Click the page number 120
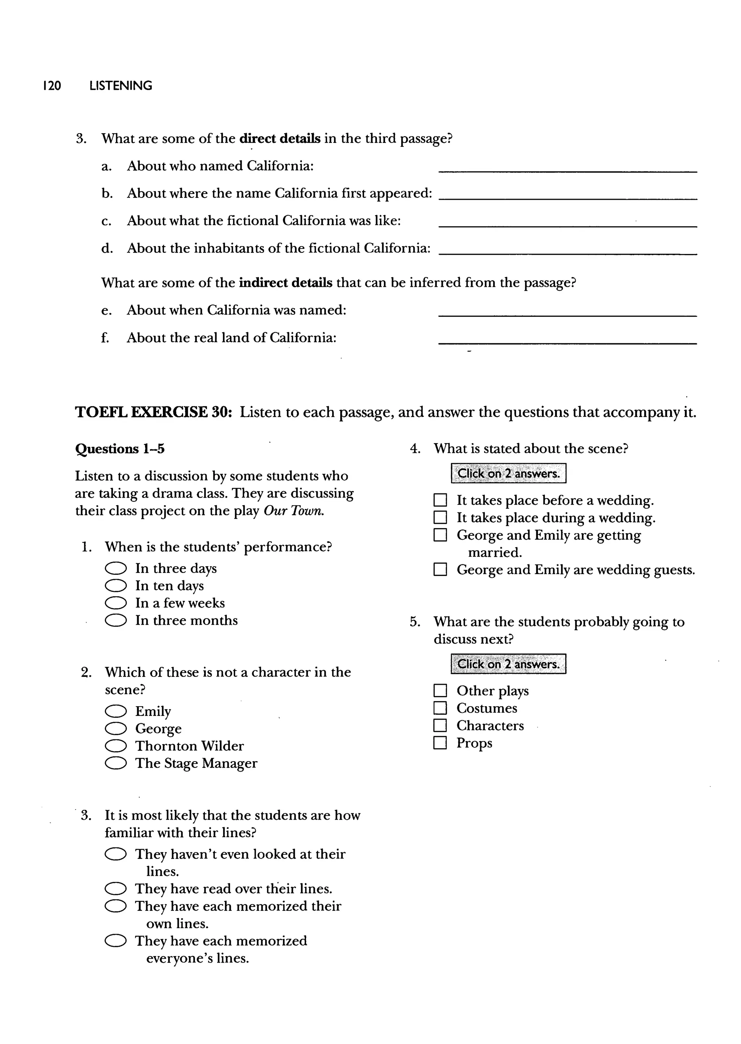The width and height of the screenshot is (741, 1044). point(52,86)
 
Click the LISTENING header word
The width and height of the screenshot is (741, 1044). point(121,86)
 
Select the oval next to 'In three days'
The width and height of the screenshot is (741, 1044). point(115,568)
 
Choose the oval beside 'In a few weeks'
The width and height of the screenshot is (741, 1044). point(115,603)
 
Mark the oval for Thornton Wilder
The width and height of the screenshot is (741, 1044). point(115,746)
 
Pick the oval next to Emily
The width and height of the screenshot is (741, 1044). point(115,712)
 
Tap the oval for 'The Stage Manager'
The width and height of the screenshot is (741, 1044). point(115,764)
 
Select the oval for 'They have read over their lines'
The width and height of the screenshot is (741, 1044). point(115,889)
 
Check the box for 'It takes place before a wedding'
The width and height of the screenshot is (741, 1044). point(440,500)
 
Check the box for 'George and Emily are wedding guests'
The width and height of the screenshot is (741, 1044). point(440,570)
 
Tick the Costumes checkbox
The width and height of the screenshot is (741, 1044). point(440,708)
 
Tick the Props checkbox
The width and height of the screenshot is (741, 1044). point(440,743)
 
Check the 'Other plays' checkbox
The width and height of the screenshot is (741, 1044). point(440,691)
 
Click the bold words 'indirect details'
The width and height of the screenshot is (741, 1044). point(285,283)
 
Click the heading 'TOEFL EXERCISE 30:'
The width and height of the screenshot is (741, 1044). point(154,412)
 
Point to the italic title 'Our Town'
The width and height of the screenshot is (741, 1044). point(294,511)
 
